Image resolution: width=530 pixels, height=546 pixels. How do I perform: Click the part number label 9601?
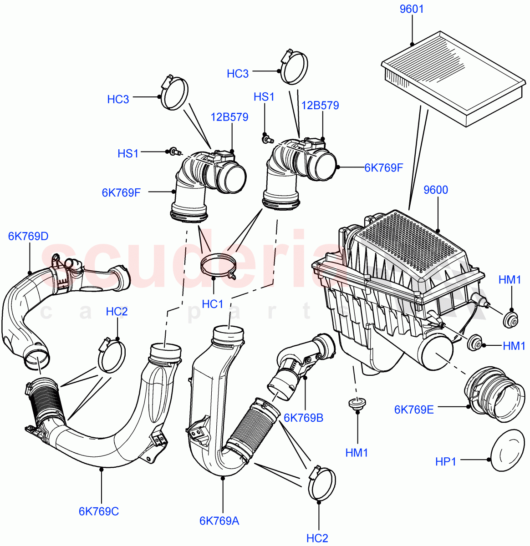click(x=412, y=9)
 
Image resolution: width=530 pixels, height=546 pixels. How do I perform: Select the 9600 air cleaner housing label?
click(x=436, y=190)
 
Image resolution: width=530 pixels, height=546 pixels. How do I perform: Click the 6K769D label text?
click(x=28, y=236)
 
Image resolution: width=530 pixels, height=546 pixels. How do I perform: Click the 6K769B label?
click(x=303, y=418)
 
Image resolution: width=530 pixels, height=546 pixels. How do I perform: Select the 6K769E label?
click(x=414, y=409)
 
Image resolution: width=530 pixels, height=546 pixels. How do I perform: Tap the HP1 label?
click(x=445, y=461)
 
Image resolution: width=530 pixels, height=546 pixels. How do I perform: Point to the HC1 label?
click(x=212, y=304)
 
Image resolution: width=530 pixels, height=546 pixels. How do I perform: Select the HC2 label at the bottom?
click(x=317, y=538)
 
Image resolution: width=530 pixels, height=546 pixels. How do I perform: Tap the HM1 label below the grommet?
click(x=357, y=453)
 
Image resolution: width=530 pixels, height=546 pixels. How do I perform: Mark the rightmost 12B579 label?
click(x=320, y=106)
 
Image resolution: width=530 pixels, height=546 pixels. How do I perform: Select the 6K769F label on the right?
click(x=383, y=168)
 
